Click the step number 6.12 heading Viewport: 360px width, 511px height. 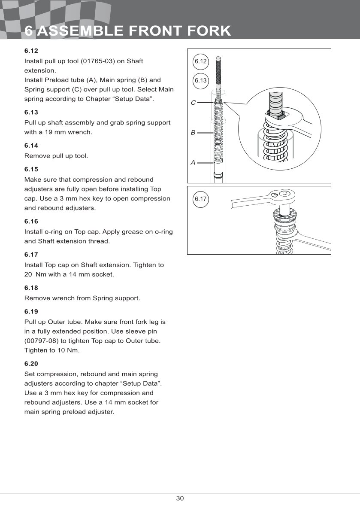pyautogui.click(x=31, y=51)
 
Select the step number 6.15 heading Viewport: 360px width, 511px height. pyautogui.click(x=31, y=169)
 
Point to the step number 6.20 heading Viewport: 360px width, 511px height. pyautogui.click(x=31, y=364)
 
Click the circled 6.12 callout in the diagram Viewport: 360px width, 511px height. pyautogui.click(x=200, y=61)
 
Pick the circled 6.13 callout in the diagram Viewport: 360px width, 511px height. pyautogui.click(x=200, y=80)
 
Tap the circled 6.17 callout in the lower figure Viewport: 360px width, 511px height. pyautogui.click(x=200, y=199)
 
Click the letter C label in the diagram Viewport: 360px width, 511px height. pyautogui.click(x=193, y=103)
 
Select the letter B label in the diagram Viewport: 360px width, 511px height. pyautogui.click(x=193, y=133)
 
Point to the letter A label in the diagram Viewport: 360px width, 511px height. pyautogui.click(x=193, y=163)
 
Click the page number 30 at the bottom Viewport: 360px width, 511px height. pyautogui.click(x=180, y=498)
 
